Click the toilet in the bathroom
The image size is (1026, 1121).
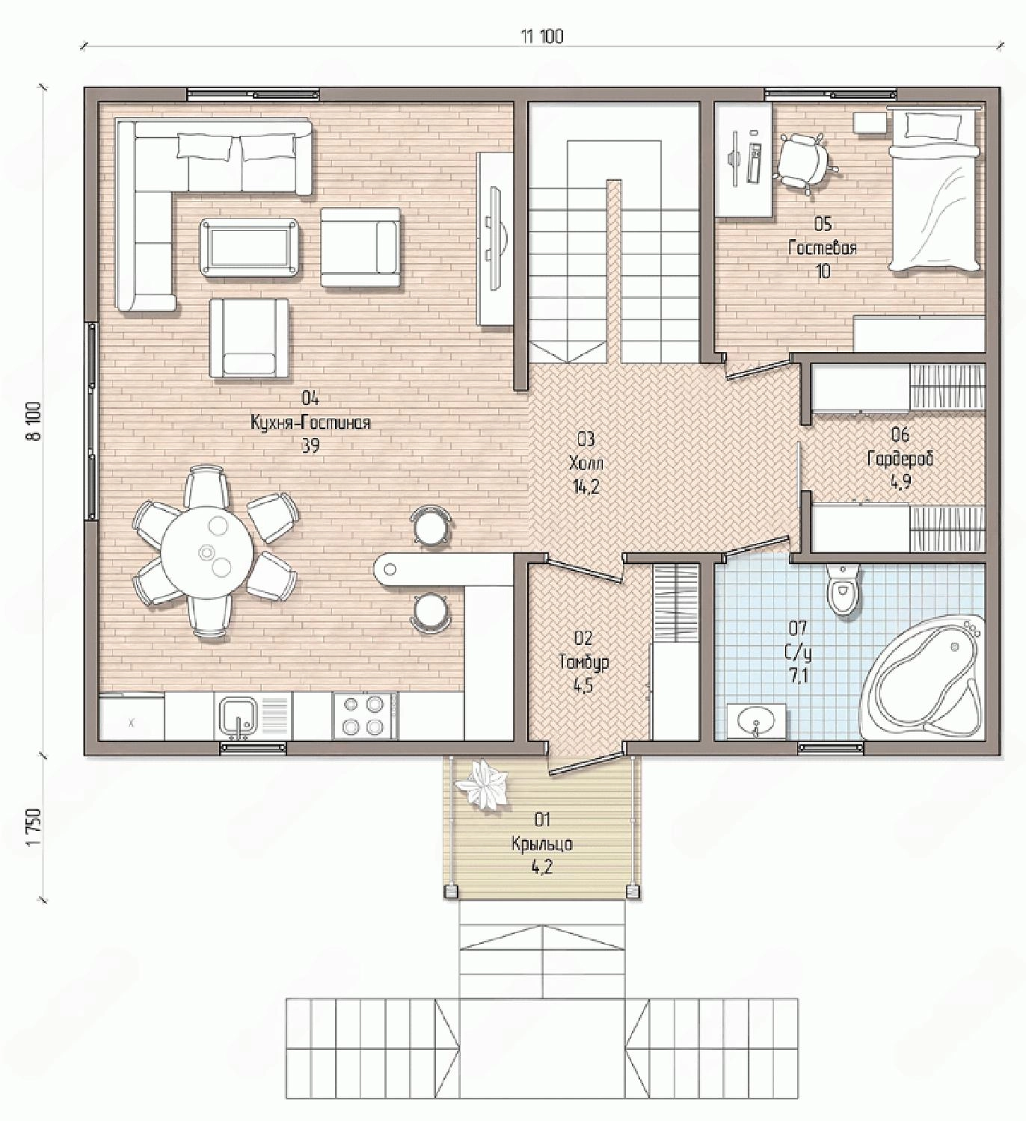pyautogui.click(x=841, y=587)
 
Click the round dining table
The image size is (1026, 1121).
pyautogui.click(x=206, y=552)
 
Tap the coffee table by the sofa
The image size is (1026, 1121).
pyautogui.click(x=249, y=247)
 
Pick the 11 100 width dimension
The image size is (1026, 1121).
pyautogui.click(x=542, y=37)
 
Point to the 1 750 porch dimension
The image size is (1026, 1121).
pyautogui.click(x=34, y=827)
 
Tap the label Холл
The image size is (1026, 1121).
pyautogui.click(x=586, y=463)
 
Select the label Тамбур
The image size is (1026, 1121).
pyautogui.click(x=583, y=661)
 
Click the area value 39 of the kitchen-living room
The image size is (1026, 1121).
pyautogui.click(x=310, y=445)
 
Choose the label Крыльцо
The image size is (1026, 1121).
pyautogui.click(x=541, y=843)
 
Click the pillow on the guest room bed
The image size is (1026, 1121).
pyautogui.click(x=930, y=125)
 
